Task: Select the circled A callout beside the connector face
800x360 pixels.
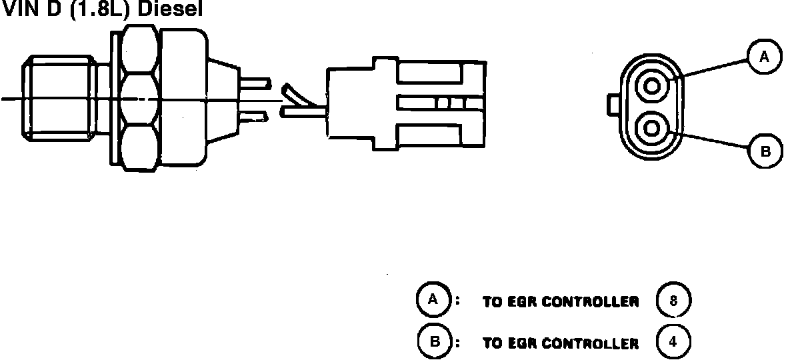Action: [764, 57]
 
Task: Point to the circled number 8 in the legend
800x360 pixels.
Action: [673, 301]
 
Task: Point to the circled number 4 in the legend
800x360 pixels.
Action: [673, 342]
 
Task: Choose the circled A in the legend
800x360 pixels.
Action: [433, 301]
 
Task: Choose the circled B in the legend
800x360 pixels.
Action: [434, 342]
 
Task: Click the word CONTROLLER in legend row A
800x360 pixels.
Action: [590, 302]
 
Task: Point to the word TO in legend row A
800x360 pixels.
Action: [491, 302]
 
